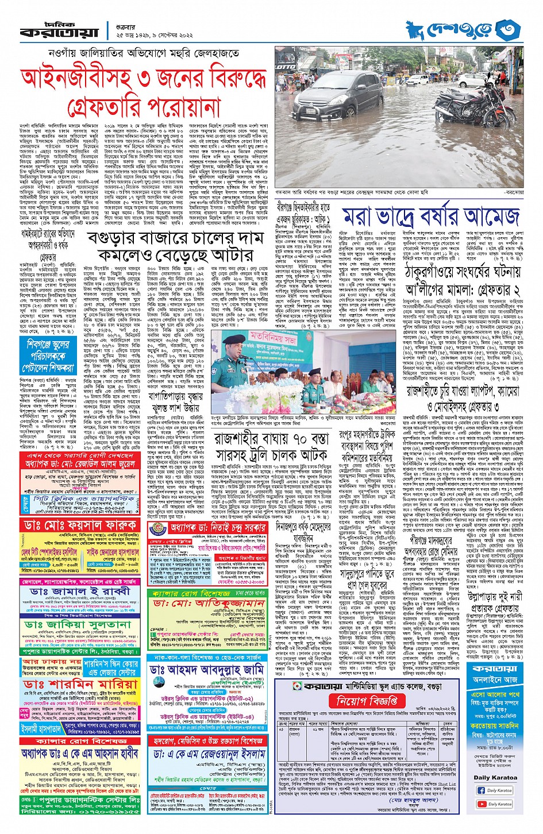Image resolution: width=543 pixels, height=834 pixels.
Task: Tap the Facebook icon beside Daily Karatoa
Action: [x=481, y=790]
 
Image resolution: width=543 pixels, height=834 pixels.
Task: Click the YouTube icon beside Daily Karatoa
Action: [x=481, y=804]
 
